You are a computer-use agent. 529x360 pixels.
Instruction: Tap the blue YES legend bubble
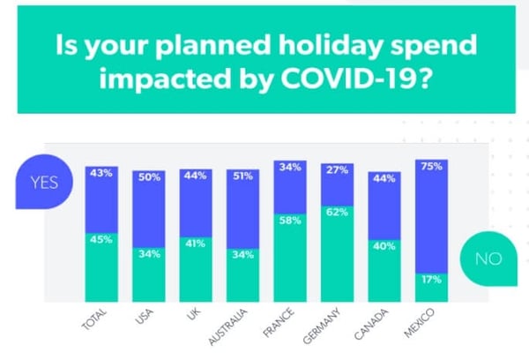click(x=44, y=182)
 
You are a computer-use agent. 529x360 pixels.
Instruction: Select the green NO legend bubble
click(x=488, y=259)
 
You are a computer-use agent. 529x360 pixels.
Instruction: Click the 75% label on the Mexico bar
click(x=431, y=167)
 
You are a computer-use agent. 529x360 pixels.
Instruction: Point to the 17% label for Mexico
click(x=431, y=280)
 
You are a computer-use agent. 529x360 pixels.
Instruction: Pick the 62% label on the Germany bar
click(x=337, y=212)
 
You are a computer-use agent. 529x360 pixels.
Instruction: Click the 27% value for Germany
click(x=337, y=170)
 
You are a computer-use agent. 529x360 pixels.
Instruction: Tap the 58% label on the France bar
click(x=290, y=221)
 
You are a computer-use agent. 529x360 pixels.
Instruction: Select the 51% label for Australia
click(x=242, y=176)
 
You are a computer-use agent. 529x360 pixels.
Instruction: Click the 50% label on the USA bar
click(x=149, y=177)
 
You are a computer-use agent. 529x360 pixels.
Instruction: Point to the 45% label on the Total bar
click(x=101, y=239)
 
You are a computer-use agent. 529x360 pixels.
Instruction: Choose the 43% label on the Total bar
click(x=101, y=173)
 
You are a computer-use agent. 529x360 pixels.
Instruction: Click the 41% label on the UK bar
click(x=196, y=244)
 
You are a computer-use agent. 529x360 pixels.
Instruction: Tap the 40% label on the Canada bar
click(x=384, y=246)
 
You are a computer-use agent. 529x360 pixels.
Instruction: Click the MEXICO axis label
click(x=420, y=323)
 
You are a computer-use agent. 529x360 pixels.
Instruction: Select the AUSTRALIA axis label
click(x=227, y=326)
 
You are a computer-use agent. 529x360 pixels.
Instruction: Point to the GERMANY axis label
click(x=322, y=326)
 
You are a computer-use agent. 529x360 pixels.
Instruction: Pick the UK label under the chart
click(x=193, y=316)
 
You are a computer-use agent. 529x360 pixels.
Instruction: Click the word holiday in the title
click(x=331, y=46)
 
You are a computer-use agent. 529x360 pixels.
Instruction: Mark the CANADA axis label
click(x=371, y=324)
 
